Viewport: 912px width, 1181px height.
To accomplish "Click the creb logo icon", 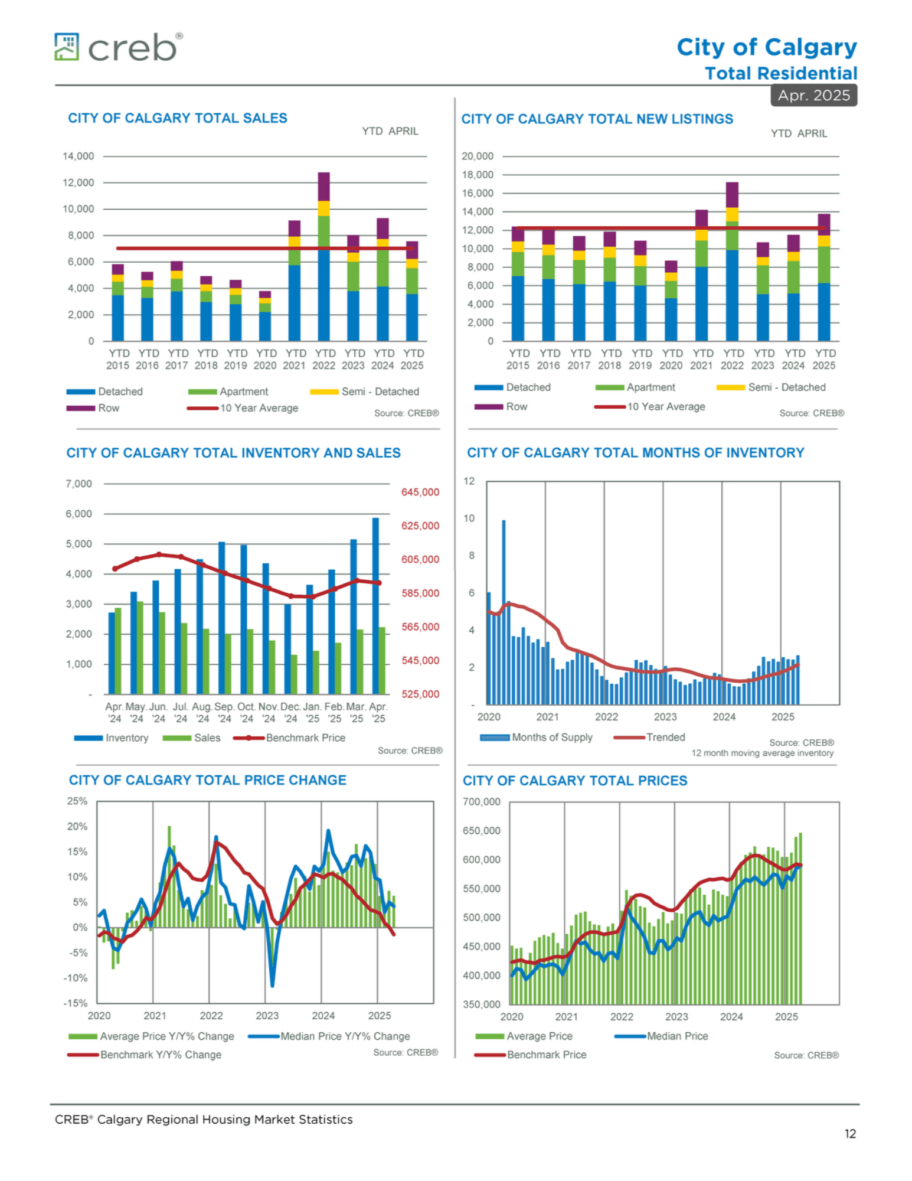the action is pos(66,47).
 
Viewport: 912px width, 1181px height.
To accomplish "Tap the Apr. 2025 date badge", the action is pos(813,95).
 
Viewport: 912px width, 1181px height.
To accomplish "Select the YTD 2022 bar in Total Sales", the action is pos(323,256).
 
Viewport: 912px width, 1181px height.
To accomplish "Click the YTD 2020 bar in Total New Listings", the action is pos(671,301).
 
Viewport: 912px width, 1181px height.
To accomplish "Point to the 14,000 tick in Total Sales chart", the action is pos(79,156).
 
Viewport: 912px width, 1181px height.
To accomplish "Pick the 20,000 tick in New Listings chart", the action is pos(478,156).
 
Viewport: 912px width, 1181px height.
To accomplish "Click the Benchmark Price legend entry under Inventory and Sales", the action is pos(289,738).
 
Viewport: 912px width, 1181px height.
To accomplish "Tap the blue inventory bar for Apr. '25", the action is pos(375,606).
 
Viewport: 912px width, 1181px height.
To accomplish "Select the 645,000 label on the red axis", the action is pos(420,492).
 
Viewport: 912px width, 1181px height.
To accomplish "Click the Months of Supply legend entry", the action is pos(536,737).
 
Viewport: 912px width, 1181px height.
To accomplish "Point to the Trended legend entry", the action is pos(649,737).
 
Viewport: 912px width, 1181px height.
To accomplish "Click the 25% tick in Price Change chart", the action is pos(77,801).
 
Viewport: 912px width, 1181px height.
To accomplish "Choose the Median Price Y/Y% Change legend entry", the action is pos(329,1036).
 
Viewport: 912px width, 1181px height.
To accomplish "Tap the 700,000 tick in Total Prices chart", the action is pos(482,801).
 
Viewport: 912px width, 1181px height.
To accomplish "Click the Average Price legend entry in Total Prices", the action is pos(524,1036).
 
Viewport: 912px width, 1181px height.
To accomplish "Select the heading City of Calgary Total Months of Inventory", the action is pos(636,452).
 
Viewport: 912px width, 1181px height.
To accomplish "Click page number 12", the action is pos(850,1134).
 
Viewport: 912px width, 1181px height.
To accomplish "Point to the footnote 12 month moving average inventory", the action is pos(763,753).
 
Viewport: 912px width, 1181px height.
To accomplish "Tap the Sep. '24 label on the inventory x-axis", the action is pos(224,713).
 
